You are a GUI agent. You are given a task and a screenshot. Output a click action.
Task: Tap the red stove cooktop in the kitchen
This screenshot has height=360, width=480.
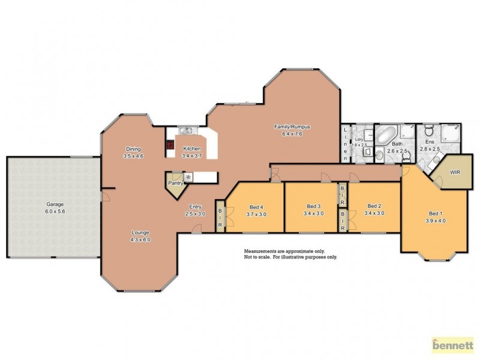(170, 145)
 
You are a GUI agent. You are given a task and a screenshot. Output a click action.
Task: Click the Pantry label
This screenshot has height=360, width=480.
(175, 183)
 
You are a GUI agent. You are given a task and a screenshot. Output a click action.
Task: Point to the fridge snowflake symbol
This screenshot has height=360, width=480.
(188, 177)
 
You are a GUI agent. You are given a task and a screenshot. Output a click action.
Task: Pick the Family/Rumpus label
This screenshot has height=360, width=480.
(288, 127)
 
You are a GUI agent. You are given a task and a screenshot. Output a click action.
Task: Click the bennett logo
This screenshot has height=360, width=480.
(453, 345)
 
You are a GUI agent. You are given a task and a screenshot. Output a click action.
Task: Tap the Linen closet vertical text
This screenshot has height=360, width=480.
(346, 143)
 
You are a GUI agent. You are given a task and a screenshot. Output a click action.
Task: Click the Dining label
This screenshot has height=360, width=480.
(133, 149)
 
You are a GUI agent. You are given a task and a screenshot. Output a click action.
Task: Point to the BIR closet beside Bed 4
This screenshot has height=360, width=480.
(220, 217)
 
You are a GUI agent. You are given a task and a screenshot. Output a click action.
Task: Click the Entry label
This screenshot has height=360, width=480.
(195, 206)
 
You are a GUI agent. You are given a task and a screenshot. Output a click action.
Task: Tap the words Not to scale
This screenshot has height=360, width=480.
(257, 256)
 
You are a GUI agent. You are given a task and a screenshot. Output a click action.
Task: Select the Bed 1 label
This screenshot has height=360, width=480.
(436, 213)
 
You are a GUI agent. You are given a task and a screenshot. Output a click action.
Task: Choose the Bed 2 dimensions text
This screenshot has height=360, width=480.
(375, 213)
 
